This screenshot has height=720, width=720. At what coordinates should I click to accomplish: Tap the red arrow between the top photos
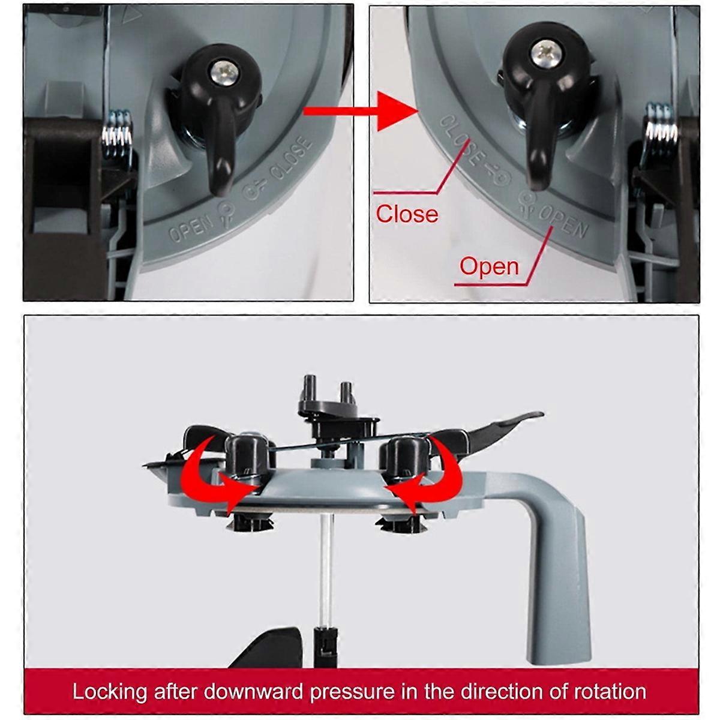point(360,111)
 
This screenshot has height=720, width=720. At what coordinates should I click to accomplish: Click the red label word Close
point(407,214)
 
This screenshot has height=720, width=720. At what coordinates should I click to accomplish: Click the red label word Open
point(489,266)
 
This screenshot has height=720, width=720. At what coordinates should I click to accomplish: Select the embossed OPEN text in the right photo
point(564,222)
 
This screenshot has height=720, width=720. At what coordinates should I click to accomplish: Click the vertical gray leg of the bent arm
point(559,583)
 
